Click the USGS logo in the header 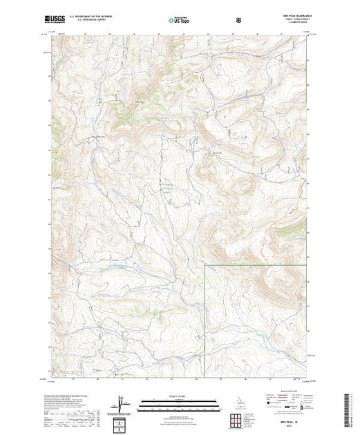click(x=55, y=21)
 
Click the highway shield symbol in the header click(x=238, y=21)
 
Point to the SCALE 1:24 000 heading click(x=179, y=396)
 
